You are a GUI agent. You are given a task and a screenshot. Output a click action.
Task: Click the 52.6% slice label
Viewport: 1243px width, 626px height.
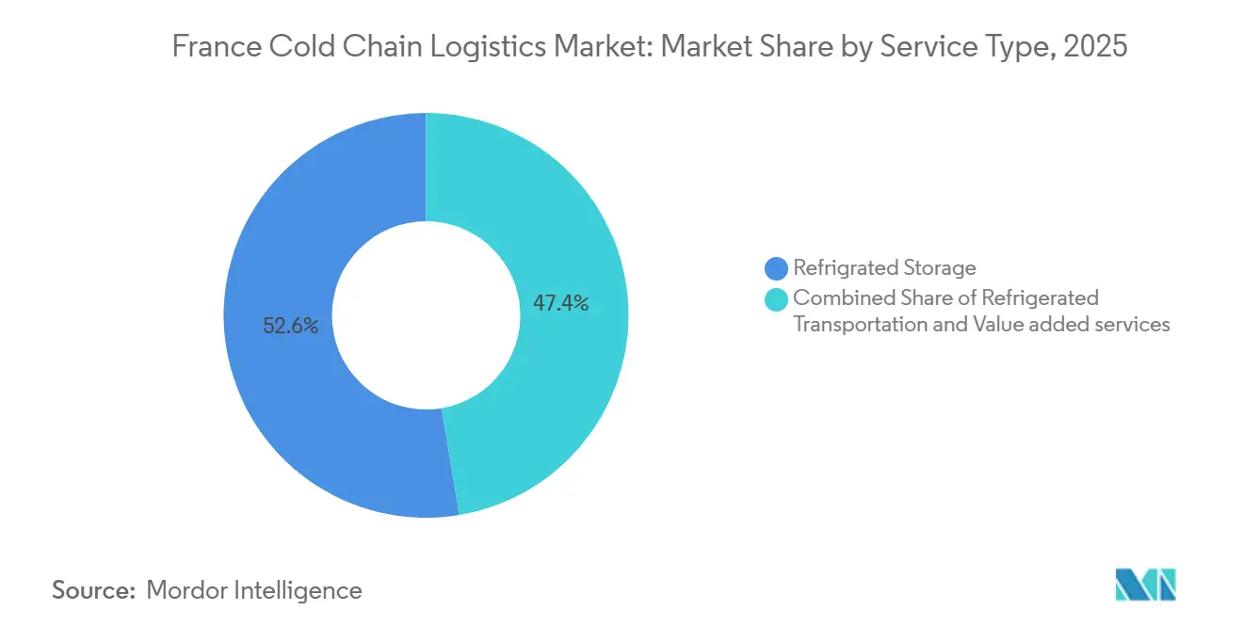[x=291, y=327]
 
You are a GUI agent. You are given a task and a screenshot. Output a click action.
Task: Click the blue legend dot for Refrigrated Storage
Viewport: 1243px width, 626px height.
[x=777, y=268]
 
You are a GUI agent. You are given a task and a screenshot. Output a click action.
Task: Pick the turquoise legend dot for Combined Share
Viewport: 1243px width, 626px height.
[x=777, y=299]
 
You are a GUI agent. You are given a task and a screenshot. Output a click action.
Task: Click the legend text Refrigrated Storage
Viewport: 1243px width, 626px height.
[x=884, y=268]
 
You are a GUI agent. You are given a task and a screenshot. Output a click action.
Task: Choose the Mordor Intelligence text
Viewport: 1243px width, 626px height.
[x=254, y=590]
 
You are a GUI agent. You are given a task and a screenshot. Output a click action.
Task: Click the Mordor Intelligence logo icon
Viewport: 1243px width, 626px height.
[x=1145, y=585]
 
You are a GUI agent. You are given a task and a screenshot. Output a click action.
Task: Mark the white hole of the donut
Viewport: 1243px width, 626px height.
[x=426, y=315]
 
